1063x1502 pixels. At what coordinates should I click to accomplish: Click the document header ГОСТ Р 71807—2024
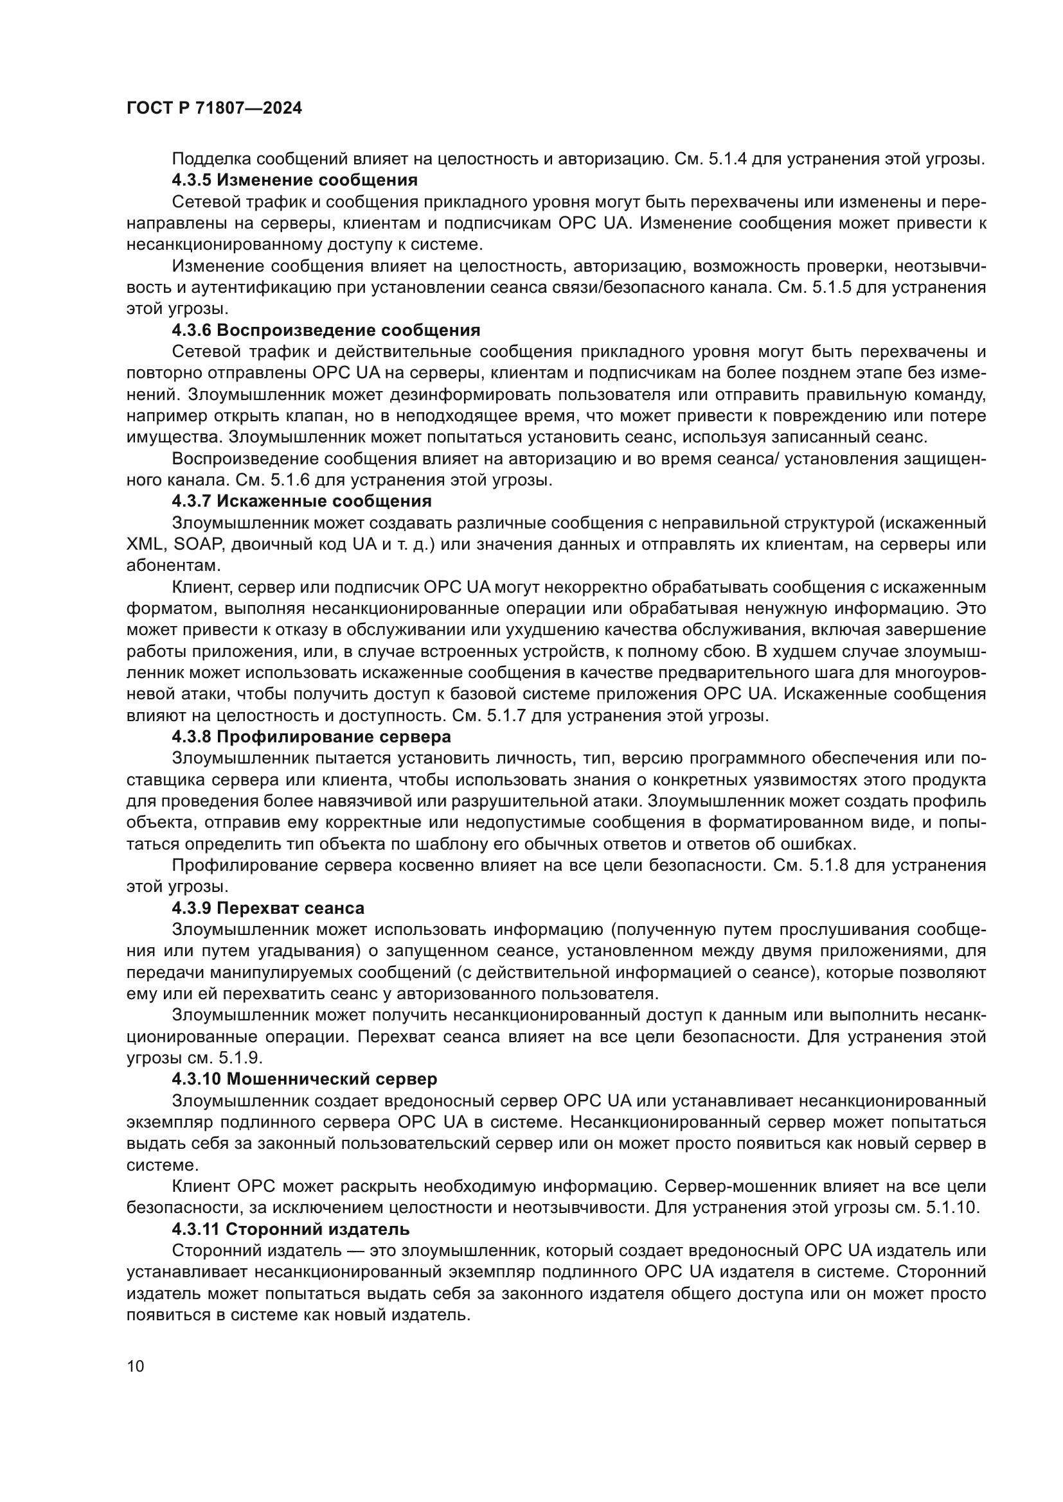click(214, 109)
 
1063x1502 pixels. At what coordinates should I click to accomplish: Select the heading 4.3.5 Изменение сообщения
click(294, 180)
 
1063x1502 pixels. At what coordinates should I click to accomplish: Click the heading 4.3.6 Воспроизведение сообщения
click(326, 329)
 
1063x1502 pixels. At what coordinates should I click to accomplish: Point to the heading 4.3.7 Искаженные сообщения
click(302, 502)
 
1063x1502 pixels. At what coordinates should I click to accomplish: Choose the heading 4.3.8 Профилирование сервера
click(312, 737)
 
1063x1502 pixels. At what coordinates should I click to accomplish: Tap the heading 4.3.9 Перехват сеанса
click(269, 909)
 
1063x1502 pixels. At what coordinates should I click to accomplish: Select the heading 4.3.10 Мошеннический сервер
click(305, 1079)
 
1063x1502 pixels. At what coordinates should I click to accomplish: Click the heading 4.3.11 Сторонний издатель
click(290, 1229)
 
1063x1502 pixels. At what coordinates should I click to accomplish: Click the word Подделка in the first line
click(211, 159)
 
